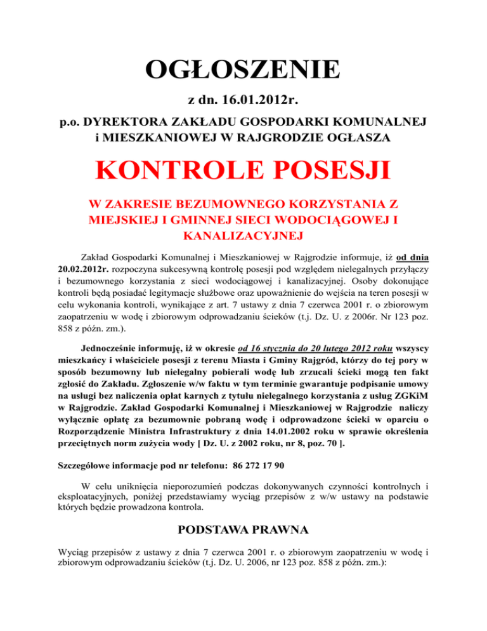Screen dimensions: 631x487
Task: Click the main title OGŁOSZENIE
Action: click(243, 70)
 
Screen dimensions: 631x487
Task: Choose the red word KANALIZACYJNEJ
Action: click(243, 236)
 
